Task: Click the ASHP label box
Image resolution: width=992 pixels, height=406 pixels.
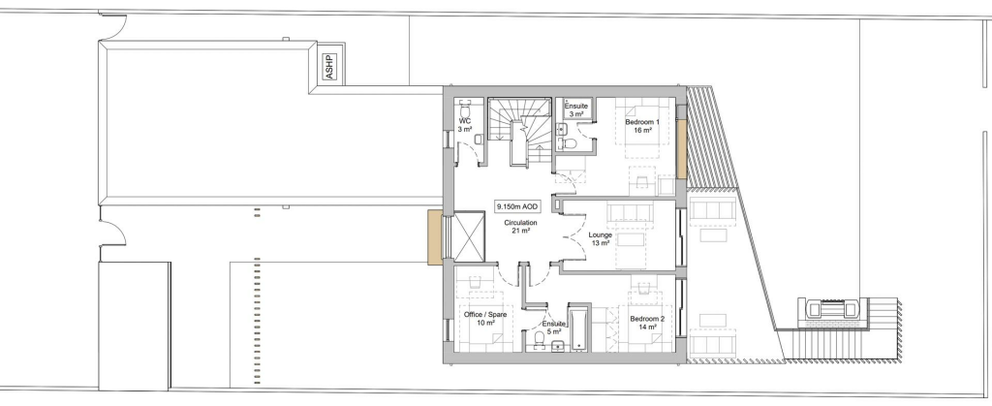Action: pos(330,67)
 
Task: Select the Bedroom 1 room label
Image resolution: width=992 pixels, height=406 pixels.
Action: pos(643,126)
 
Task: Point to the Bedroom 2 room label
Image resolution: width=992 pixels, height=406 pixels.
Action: pos(647,324)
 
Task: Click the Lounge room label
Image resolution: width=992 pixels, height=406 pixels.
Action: pos(600,239)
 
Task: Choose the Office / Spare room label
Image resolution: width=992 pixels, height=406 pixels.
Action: pos(485,319)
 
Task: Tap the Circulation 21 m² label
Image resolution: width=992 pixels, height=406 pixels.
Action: pos(520,227)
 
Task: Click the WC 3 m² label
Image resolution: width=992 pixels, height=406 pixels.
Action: pos(465,125)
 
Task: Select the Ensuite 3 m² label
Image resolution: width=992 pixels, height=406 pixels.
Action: pos(576,110)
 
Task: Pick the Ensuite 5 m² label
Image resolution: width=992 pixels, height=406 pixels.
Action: pos(553,328)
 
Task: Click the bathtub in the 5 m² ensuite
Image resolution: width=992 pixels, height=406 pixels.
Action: pos(578,328)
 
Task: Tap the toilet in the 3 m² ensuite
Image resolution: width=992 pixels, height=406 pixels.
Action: pos(569,142)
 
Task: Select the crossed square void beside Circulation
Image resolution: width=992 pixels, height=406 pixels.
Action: pos(469,236)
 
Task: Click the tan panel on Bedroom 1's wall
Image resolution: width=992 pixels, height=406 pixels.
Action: pos(682,150)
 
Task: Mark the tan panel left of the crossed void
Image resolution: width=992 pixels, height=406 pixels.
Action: pos(435,237)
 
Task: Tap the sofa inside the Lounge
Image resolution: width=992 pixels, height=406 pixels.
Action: pos(629,213)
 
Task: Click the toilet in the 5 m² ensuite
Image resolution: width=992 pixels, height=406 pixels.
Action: pos(539,340)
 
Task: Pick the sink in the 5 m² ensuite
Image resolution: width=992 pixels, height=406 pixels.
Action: pos(558,345)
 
